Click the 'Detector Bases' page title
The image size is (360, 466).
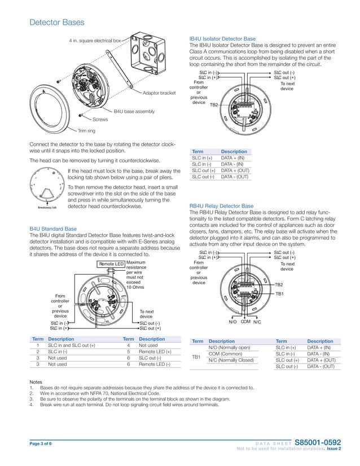56,23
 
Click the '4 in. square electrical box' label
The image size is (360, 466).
95,41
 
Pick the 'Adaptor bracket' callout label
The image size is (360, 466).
159,93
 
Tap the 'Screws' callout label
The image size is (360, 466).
100,120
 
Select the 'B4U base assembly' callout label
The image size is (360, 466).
134,112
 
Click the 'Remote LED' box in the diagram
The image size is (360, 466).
111,264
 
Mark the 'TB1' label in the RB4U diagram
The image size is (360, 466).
279,294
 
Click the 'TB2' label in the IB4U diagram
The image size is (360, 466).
214,105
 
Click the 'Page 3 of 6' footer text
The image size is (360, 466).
41,443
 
